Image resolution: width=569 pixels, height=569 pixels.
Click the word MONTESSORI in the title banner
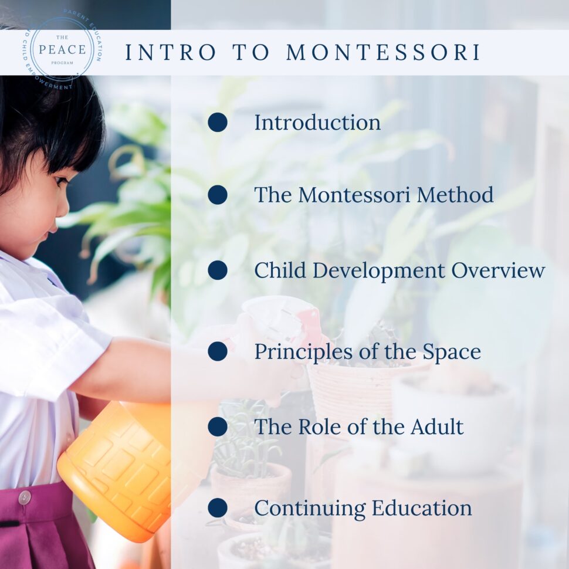click(384, 52)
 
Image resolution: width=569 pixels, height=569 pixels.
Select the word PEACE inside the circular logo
click(62, 49)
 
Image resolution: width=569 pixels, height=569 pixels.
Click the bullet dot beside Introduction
click(218, 123)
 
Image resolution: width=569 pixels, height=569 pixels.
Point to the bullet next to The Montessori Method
click(218, 195)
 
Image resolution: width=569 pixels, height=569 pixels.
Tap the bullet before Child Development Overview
click(218, 270)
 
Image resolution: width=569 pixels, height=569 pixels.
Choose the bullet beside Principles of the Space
click(218, 351)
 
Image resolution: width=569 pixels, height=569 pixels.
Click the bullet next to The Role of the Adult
click(218, 426)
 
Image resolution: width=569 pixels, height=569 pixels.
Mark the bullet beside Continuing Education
click(218, 508)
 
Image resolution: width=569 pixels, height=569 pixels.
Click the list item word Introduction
click(317, 123)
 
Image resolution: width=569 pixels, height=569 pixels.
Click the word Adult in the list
click(438, 426)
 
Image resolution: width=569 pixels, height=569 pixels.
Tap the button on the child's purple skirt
click(24, 497)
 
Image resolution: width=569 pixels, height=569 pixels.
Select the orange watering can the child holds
click(117, 463)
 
